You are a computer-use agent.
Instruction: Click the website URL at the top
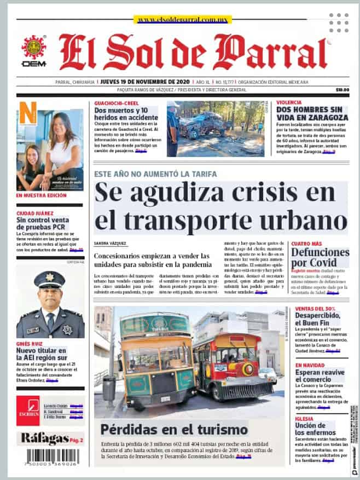pos(175,20)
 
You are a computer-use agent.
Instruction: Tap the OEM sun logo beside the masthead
pos(33,48)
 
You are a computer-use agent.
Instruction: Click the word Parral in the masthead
pos(278,53)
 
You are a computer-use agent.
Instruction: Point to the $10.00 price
pos(342,89)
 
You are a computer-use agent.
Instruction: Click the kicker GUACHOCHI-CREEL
pos(115,103)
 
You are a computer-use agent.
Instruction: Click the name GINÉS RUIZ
pos(30,343)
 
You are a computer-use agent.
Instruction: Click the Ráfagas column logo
pos(44,437)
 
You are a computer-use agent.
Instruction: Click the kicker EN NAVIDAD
pos(310,365)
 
